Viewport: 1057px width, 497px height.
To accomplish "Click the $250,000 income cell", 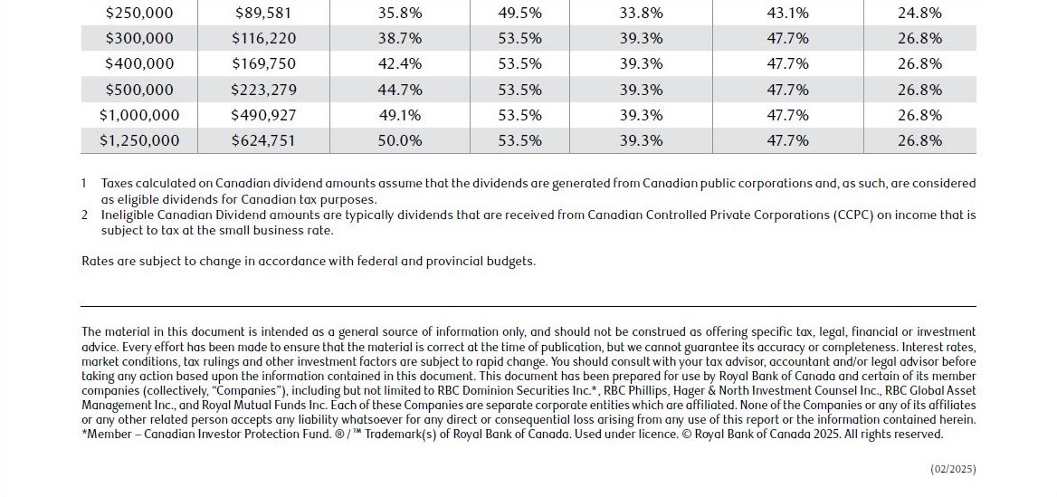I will (139, 14).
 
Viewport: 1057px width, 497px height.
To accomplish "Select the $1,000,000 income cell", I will (139, 115).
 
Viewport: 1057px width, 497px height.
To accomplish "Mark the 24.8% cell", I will (919, 14).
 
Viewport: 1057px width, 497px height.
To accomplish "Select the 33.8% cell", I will (641, 14).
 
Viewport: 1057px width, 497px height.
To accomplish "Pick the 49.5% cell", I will (520, 14).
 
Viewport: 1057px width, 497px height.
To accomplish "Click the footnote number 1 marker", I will (84, 184).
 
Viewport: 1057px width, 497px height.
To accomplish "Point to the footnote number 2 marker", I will (84, 215).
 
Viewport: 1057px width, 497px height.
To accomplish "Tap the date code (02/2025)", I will (953, 469).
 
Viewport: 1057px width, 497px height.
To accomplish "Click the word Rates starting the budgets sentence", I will (97, 262).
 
